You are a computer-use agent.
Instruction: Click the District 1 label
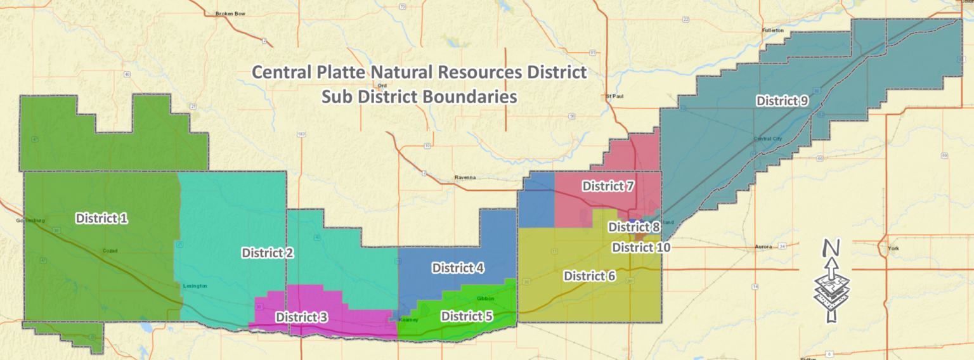(x=102, y=219)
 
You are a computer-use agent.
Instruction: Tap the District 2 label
(x=267, y=253)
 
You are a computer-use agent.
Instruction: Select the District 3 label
(x=301, y=316)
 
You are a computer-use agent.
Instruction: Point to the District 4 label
(x=458, y=268)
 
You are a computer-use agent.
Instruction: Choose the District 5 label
(x=467, y=316)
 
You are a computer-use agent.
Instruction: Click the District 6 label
(x=589, y=276)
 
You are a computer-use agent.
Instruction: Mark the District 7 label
(x=607, y=186)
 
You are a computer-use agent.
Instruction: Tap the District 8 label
(x=634, y=227)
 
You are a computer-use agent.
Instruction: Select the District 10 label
(x=640, y=247)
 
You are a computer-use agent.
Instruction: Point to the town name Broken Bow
(x=230, y=13)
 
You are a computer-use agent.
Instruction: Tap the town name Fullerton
(x=773, y=30)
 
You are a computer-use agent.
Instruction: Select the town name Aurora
(x=763, y=246)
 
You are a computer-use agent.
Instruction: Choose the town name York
(x=893, y=248)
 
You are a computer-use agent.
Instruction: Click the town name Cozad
(x=110, y=251)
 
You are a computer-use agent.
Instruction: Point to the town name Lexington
(x=195, y=286)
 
